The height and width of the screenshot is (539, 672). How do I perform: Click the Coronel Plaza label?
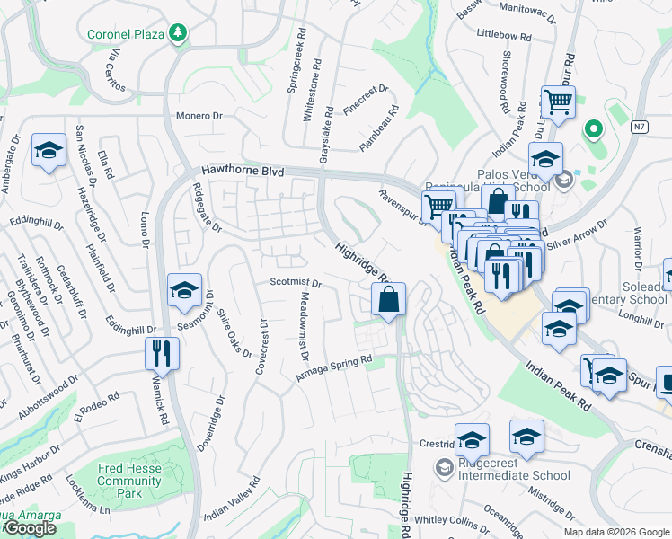click(x=125, y=35)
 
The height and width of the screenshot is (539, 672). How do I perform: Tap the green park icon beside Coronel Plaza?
click(x=179, y=34)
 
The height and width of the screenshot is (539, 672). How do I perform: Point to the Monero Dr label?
click(x=199, y=116)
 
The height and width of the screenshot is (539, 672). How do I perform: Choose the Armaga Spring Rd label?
click(x=334, y=369)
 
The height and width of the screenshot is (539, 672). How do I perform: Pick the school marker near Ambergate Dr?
click(x=49, y=150)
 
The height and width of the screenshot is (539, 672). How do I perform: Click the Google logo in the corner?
click(x=29, y=528)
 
